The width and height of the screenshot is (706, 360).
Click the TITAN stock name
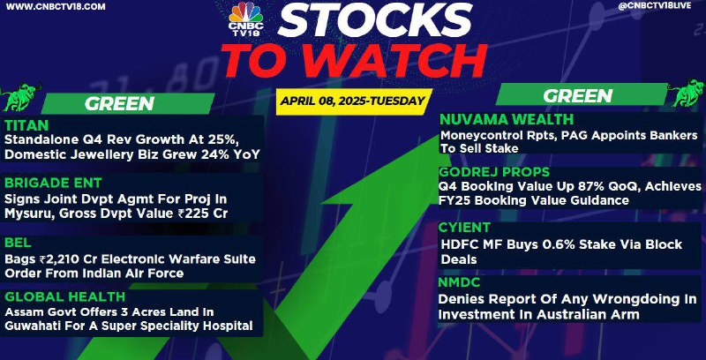tap(26, 124)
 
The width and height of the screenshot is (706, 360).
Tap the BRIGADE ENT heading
tap(53, 183)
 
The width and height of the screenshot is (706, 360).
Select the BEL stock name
tap(18, 243)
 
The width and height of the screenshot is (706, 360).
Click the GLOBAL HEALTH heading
tap(64, 296)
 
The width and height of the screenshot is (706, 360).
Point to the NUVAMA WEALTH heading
tap(507, 119)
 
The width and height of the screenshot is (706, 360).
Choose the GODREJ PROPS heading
tap(494, 171)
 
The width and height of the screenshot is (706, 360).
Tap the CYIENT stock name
tap(465, 228)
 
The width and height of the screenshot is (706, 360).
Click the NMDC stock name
tap(460, 282)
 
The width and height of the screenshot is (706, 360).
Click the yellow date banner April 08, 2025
tap(354, 101)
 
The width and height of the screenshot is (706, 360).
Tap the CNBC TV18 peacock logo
tap(245, 19)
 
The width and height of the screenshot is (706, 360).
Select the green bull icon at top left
tap(20, 96)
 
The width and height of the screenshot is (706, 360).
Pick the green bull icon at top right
tap(687, 93)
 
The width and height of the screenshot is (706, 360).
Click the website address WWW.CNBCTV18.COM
tap(56, 7)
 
